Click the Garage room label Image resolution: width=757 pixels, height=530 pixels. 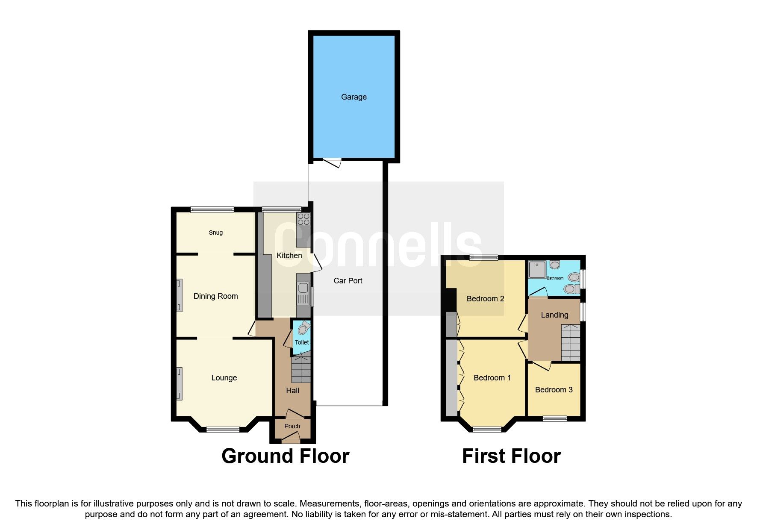[353, 97]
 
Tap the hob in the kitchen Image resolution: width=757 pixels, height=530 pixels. [303, 219]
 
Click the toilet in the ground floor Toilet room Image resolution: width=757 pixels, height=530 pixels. [304, 328]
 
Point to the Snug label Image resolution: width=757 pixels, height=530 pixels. [215, 233]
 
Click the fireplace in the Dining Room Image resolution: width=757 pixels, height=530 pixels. [180, 295]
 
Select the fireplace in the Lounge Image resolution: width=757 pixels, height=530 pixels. [180, 383]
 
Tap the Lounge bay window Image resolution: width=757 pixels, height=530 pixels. [223, 429]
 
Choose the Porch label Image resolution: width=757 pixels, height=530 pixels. [292, 426]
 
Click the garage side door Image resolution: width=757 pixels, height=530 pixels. [332, 162]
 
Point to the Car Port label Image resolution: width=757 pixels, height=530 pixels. [348, 281]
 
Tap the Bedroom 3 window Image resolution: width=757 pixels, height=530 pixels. [554, 418]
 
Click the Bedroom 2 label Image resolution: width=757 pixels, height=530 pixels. [485, 299]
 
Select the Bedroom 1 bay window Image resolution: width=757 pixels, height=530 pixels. [487, 429]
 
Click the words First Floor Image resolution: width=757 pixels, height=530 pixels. [511, 456]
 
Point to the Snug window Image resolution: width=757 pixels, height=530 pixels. [212, 209]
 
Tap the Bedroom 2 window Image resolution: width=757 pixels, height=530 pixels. [484, 257]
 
